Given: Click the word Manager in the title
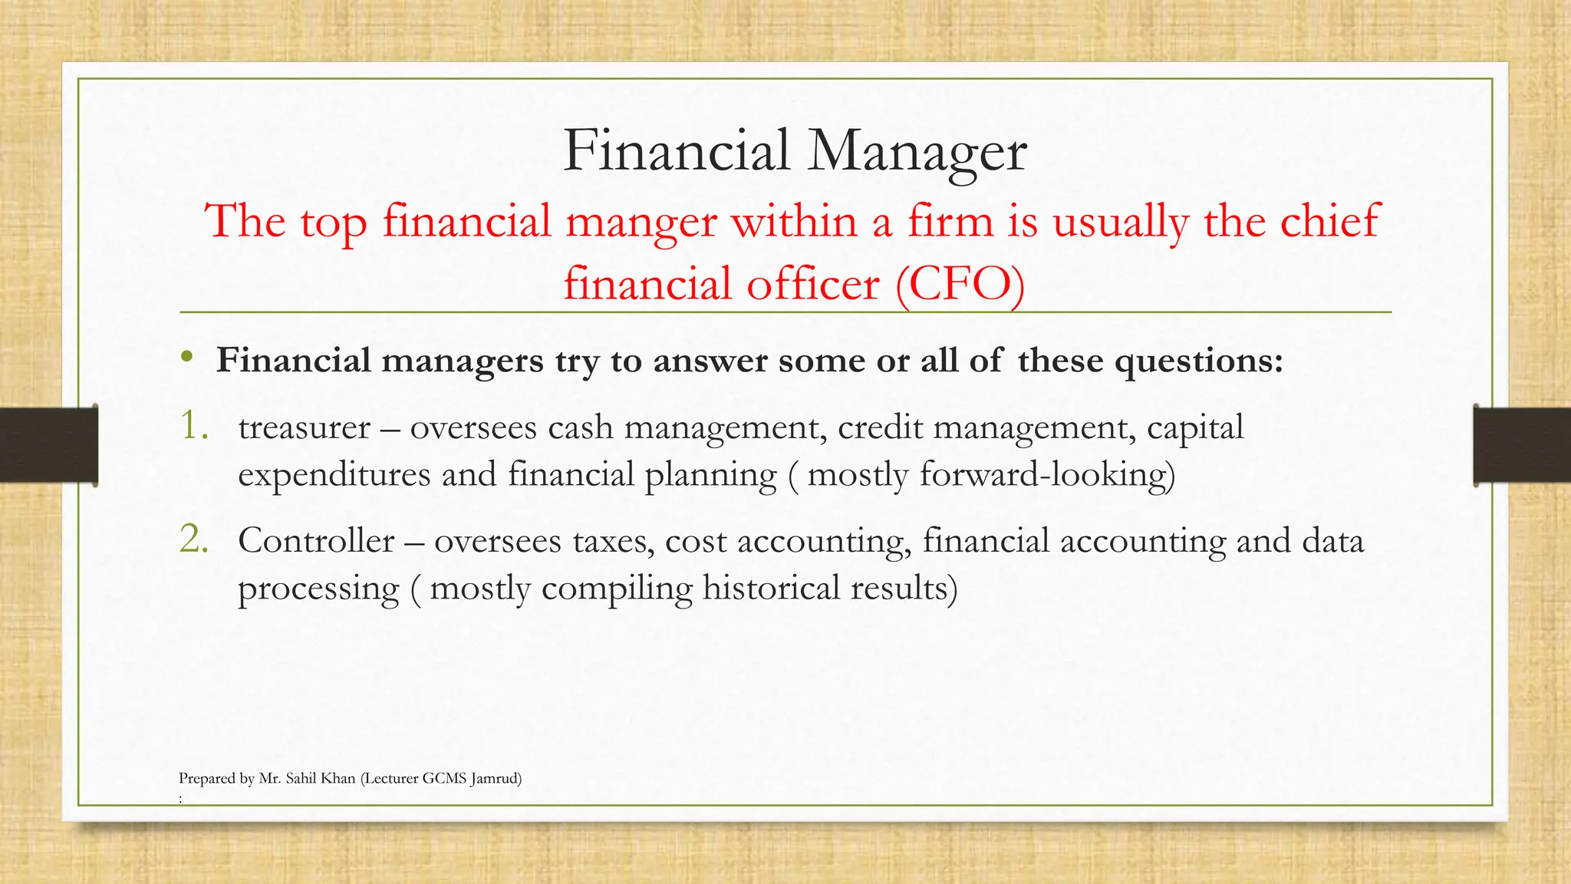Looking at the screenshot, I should coord(917,151).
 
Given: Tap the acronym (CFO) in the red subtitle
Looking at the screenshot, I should coord(960,285).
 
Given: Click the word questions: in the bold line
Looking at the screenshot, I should coord(1198,361).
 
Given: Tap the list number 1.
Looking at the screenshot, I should coord(193,426).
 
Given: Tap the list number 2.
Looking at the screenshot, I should coord(193,539).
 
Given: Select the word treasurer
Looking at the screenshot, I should coord(304,428).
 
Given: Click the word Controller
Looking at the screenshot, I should coord(316,542).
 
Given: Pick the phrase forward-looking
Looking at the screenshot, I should coord(1047,475).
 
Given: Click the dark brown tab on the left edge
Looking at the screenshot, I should coord(48,445).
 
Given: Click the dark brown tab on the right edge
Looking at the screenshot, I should coord(1522,445).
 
